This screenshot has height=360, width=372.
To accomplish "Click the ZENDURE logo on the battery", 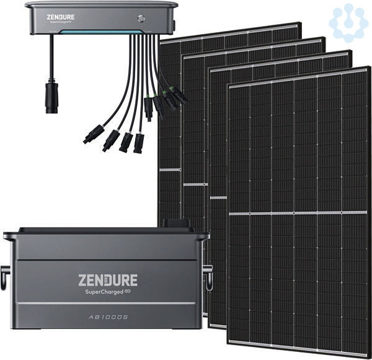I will pos(108,279).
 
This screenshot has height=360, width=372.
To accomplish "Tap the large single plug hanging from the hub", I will pos(51,99).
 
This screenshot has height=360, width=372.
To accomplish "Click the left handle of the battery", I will pos(7,271).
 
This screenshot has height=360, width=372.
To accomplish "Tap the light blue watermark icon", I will pos(348,22).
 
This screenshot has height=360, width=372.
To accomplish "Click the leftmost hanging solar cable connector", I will pos(96,132).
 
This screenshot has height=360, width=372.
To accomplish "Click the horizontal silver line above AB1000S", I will pos(107,303).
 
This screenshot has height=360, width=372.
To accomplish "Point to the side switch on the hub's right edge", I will pos(175,25).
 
